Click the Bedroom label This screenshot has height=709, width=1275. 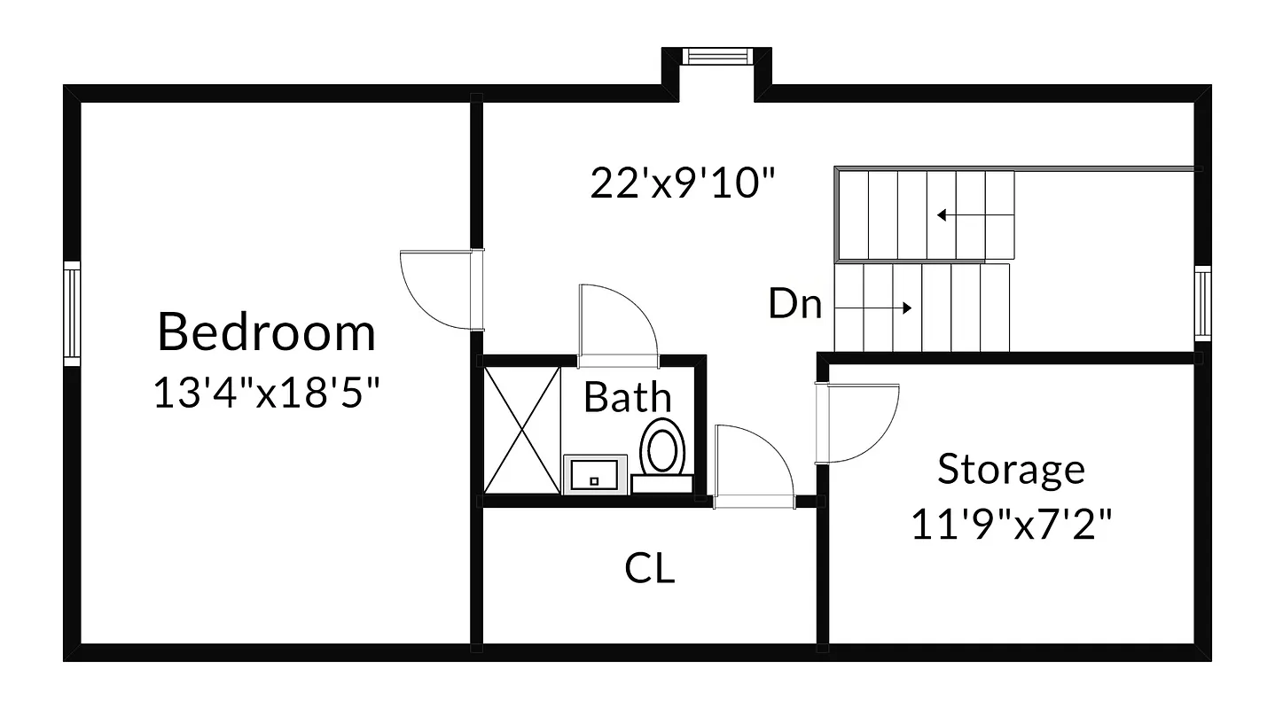point(267,332)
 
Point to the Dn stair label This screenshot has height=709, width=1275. point(794,305)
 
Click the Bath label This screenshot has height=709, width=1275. point(627,398)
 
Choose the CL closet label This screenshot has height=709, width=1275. point(649,568)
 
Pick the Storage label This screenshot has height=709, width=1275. point(1011,469)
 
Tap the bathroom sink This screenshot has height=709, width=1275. point(595,475)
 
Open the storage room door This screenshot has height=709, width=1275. point(857,423)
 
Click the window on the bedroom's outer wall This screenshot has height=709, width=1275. point(72,313)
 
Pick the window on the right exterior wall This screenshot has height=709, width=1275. point(1202,302)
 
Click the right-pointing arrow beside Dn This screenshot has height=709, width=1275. point(874,308)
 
